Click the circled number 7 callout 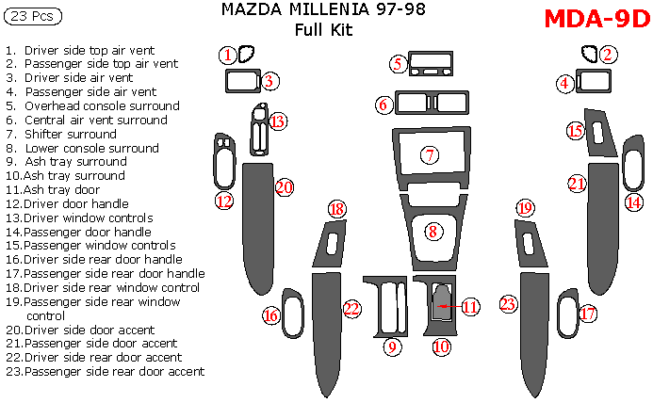(430, 154)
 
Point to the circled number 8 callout (433, 231)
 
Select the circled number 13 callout (277, 121)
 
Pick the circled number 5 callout (399, 64)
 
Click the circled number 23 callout (509, 304)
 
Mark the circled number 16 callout (271, 316)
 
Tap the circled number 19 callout (526, 208)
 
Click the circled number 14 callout (635, 201)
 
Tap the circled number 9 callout (392, 347)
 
